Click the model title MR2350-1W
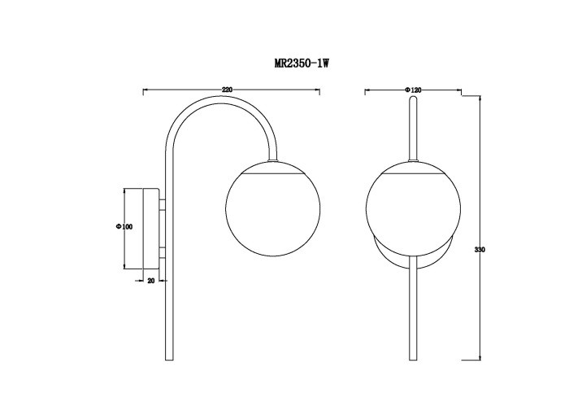[302, 63]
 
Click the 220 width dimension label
[227, 90]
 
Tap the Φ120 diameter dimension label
[413, 90]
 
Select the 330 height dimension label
[480, 250]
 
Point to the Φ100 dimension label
[124, 227]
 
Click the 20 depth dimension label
[151, 281]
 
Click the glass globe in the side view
[273, 208]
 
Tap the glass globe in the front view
[413, 208]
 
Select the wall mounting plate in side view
[151, 229]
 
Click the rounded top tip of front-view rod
[413, 97]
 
